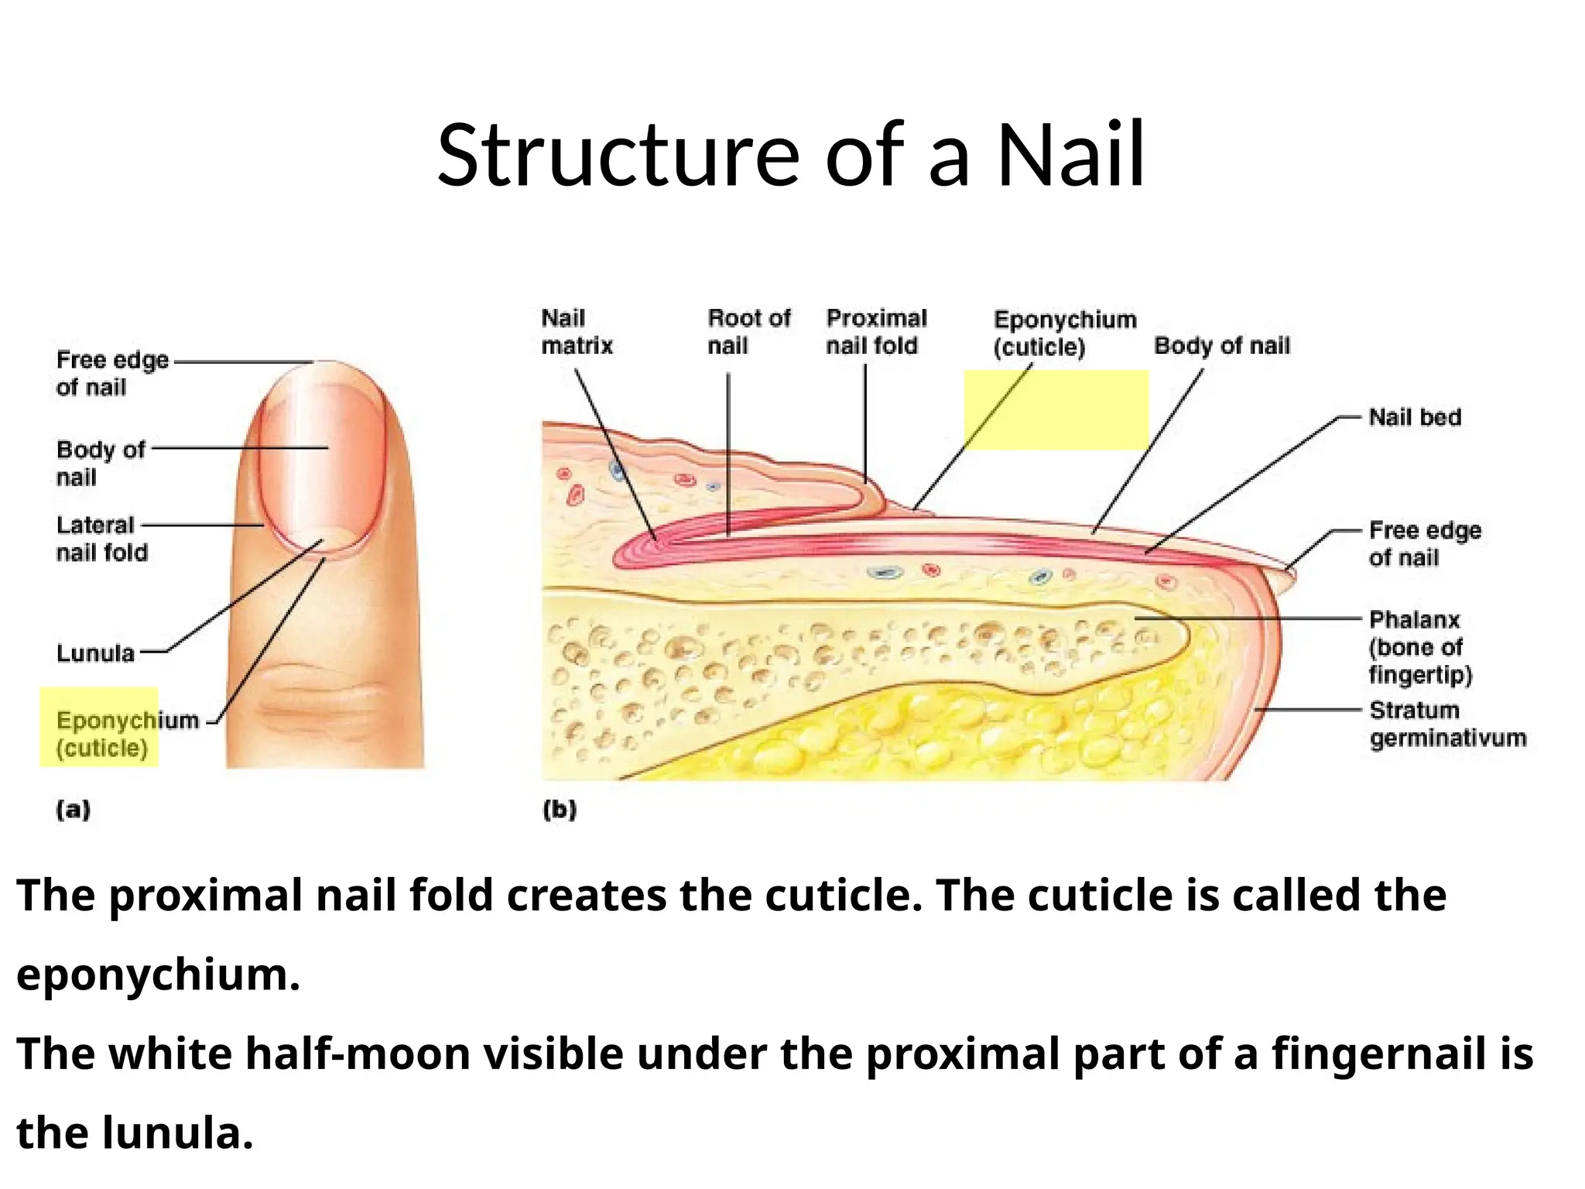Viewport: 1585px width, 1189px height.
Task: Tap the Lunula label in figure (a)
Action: coord(95,653)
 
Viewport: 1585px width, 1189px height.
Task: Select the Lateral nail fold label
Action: coord(101,539)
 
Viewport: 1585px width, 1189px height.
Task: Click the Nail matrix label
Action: coord(577,332)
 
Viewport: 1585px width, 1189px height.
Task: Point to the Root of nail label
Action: coord(748,332)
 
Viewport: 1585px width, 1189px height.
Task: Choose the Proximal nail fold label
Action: coord(876,332)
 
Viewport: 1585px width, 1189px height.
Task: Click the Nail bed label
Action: coord(1415,417)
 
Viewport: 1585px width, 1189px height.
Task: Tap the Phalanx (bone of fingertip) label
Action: coord(1420,647)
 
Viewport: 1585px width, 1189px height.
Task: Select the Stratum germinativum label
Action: coord(1447,724)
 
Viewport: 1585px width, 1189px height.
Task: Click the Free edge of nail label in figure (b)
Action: coord(1424,543)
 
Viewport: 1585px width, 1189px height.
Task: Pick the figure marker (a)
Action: coord(74,810)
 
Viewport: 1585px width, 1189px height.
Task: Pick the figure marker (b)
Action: coord(560,810)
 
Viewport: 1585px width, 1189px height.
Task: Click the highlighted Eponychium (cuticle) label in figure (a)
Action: coord(101,734)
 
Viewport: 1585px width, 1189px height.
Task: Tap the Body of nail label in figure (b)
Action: coord(1222,345)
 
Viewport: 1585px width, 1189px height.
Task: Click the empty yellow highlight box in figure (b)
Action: coord(1056,410)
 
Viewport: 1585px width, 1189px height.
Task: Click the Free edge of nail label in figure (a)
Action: coord(111,373)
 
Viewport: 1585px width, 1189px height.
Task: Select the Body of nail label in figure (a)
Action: coord(101,463)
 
